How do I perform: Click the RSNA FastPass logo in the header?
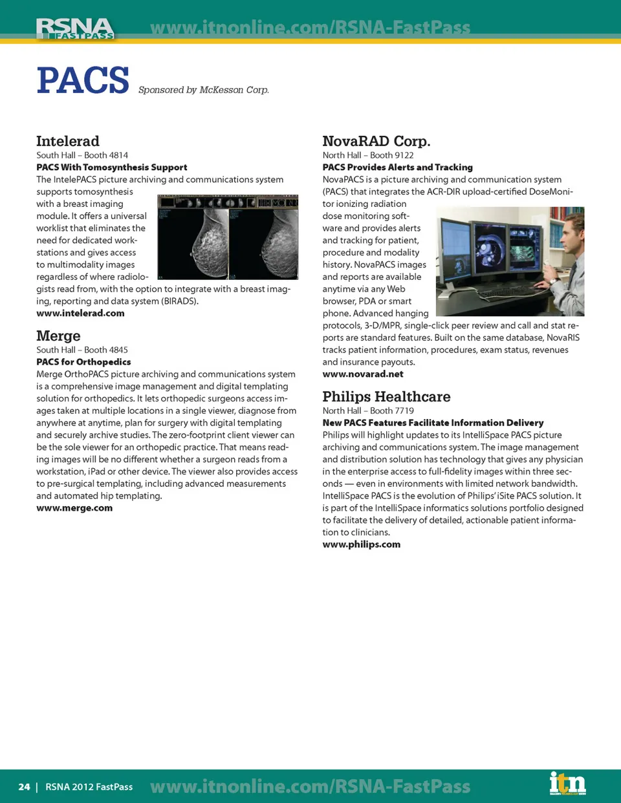pyautogui.click(x=75, y=28)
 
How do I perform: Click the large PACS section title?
pyautogui.click(x=83, y=81)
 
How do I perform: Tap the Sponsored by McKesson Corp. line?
pyautogui.click(x=203, y=90)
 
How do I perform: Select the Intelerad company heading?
pyautogui.click(x=68, y=141)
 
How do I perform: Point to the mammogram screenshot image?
pyautogui.click(x=228, y=237)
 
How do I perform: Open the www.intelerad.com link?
pyautogui.click(x=80, y=313)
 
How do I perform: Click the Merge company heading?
pyautogui.click(x=58, y=336)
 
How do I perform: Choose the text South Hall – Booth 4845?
pyautogui.click(x=82, y=350)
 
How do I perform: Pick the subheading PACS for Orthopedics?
pyautogui.click(x=83, y=362)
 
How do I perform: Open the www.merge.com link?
pyautogui.click(x=74, y=508)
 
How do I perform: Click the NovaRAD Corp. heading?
pyautogui.click(x=376, y=141)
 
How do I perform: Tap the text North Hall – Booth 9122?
pyautogui.click(x=368, y=155)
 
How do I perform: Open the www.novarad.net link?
pyautogui.click(x=363, y=374)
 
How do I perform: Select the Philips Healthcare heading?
pyautogui.click(x=386, y=396)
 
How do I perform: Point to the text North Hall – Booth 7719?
pyautogui.click(x=368, y=411)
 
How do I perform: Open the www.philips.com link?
pyautogui.click(x=362, y=544)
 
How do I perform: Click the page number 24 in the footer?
pyautogui.click(x=24, y=787)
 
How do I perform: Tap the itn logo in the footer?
pyautogui.click(x=567, y=784)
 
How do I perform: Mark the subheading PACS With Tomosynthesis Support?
pyautogui.click(x=112, y=167)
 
